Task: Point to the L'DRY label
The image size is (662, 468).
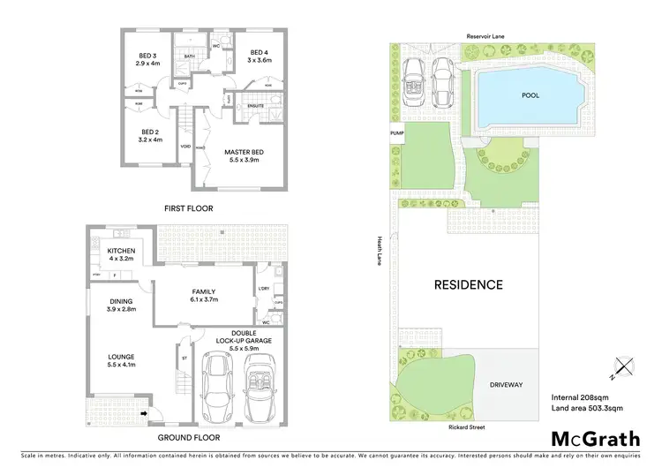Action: point(263,290)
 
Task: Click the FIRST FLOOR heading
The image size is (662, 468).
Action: point(188,208)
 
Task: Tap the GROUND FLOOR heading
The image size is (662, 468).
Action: point(188,437)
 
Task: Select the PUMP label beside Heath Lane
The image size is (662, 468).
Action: point(395,133)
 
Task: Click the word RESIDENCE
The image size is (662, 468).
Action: point(468,284)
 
